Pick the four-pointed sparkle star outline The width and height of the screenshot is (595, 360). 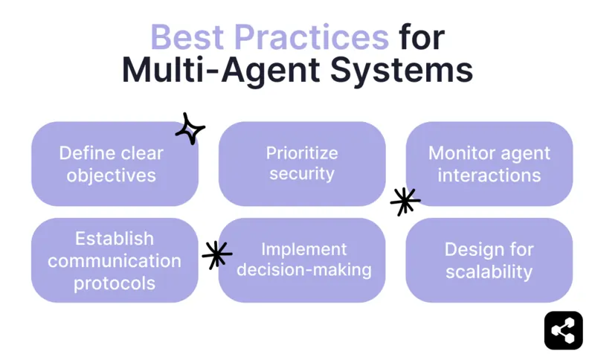190,129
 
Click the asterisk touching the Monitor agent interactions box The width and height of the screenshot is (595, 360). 405,201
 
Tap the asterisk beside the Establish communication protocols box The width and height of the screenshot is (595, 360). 216,255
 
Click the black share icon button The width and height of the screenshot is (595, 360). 563,330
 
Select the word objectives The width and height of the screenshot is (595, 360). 112,176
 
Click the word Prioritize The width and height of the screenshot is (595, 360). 302,153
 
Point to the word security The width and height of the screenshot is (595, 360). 302,174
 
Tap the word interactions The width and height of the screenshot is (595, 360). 489,176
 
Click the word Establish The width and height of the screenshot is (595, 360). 115,239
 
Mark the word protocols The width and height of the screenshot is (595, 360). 115,283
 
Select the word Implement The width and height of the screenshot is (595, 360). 303,249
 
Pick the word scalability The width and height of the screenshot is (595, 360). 489,271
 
